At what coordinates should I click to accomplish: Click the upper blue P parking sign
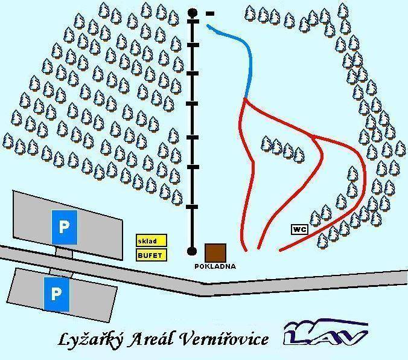pyautogui.click(x=63, y=227)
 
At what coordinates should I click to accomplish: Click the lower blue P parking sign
pyautogui.click(x=56, y=294)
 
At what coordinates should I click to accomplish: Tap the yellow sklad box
pyautogui.click(x=147, y=240)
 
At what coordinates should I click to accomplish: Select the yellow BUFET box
pyautogui.click(x=149, y=254)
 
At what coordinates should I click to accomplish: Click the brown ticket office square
pyautogui.click(x=215, y=252)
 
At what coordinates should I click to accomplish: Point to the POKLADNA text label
pyautogui.click(x=215, y=266)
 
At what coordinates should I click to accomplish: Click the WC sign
pyautogui.click(x=299, y=229)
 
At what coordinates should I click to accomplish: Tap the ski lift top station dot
pyautogui.click(x=193, y=12)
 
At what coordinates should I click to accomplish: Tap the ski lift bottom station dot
pyautogui.click(x=193, y=251)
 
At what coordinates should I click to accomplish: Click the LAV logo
pyautogui.click(x=326, y=334)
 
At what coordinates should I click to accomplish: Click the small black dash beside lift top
pyautogui.click(x=209, y=13)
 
